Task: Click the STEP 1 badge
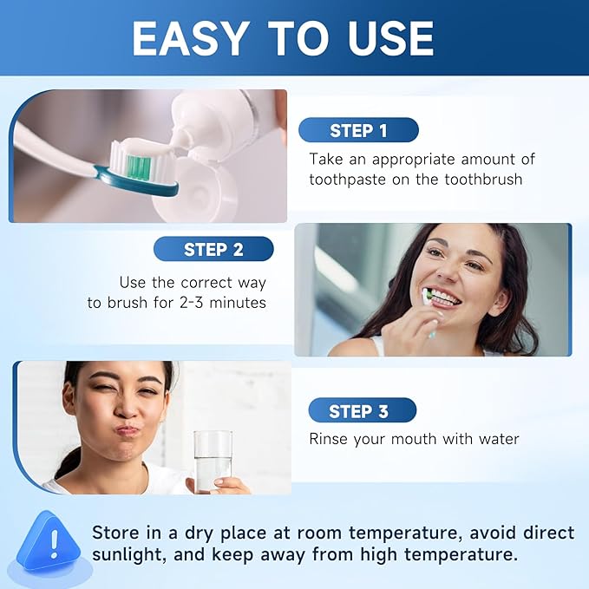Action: click(x=358, y=131)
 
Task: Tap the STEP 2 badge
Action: click(x=213, y=250)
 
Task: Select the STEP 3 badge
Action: click(x=358, y=411)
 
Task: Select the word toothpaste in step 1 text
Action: click(x=350, y=180)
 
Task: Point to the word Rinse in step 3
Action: click(x=330, y=439)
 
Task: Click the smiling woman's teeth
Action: click(x=443, y=298)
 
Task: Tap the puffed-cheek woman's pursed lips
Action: click(x=128, y=429)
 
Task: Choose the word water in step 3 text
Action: click(x=497, y=439)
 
